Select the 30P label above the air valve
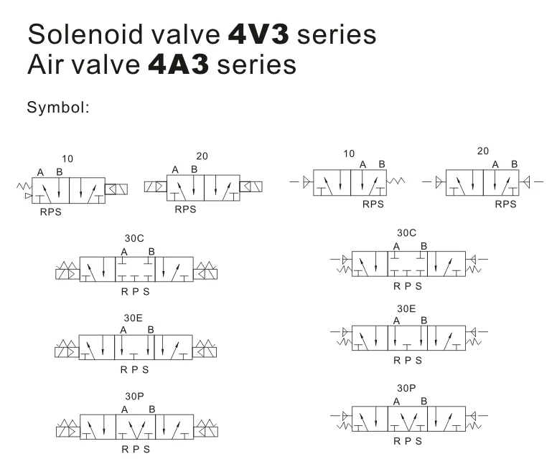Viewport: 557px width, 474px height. [x=406, y=387]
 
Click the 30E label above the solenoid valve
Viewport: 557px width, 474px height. [x=134, y=316]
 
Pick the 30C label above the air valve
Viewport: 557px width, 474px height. [x=407, y=233]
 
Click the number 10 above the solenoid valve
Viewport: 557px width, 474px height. [x=67, y=158]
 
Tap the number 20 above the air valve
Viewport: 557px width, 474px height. [x=483, y=151]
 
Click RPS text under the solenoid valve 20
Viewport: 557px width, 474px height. [x=185, y=210]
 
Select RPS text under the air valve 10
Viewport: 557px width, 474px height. [x=373, y=204]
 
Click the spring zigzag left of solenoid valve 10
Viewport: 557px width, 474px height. [x=23, y=186]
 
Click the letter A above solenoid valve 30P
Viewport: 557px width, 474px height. [x=125, y=409]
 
